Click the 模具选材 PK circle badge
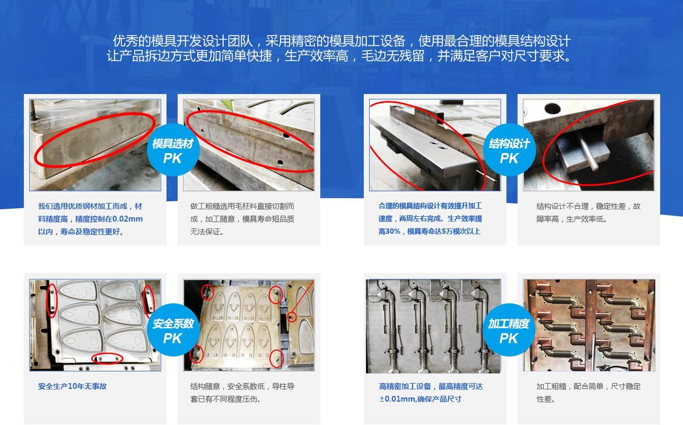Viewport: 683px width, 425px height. pos(173,150)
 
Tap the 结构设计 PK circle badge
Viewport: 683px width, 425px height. pos(509,150)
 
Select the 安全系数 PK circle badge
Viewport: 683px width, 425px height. pos(173,330)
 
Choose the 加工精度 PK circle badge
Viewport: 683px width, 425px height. pos(509,330)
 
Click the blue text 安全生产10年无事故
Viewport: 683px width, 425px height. pos(72,386)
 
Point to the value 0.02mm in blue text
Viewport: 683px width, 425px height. pos(128,219)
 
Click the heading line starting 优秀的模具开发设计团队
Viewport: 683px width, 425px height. pos(341,41)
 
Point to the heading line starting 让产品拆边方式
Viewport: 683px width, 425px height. pos(341,56)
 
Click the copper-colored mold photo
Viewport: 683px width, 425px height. pos(589,325)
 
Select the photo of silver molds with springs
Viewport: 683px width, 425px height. pos(433,325)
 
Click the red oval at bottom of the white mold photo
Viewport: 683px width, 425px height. pos(108,359)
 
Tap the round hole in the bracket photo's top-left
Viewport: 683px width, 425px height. pos(551,108)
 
